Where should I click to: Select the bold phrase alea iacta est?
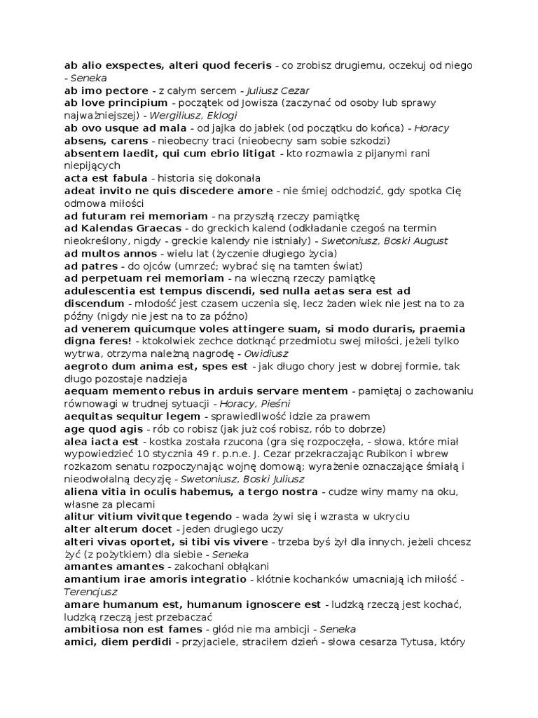click(102, 442)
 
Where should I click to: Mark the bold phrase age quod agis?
click(103, 429)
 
